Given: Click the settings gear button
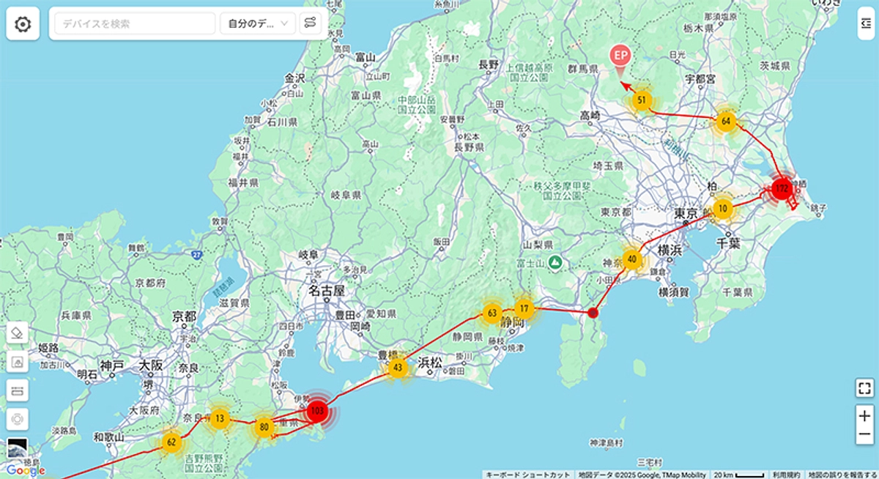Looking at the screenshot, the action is (23, 24).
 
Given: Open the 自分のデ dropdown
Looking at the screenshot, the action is (258, 23).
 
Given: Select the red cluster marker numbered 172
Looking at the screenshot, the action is (782, 189).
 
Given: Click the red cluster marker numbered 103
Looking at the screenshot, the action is (317, 411).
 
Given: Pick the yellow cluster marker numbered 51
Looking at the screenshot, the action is (642, 100).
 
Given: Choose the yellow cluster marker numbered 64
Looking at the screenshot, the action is (725, 122).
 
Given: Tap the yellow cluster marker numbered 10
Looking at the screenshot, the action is (723, 209).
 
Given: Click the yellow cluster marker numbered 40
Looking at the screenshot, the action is (632, 259).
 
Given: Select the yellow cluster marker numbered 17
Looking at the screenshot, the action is (524, 308).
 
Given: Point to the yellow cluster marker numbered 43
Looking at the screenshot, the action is (398, 367).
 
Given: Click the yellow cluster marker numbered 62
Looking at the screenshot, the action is (171, 442).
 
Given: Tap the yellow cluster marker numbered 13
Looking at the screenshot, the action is (220, 419).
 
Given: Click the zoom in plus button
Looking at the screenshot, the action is (865, 416).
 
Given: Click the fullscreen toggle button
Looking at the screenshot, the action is (865, 387).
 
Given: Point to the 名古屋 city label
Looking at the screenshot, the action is (327, 291).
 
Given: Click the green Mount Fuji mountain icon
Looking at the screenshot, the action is (557, 261).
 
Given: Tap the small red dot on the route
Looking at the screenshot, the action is (593, 313).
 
